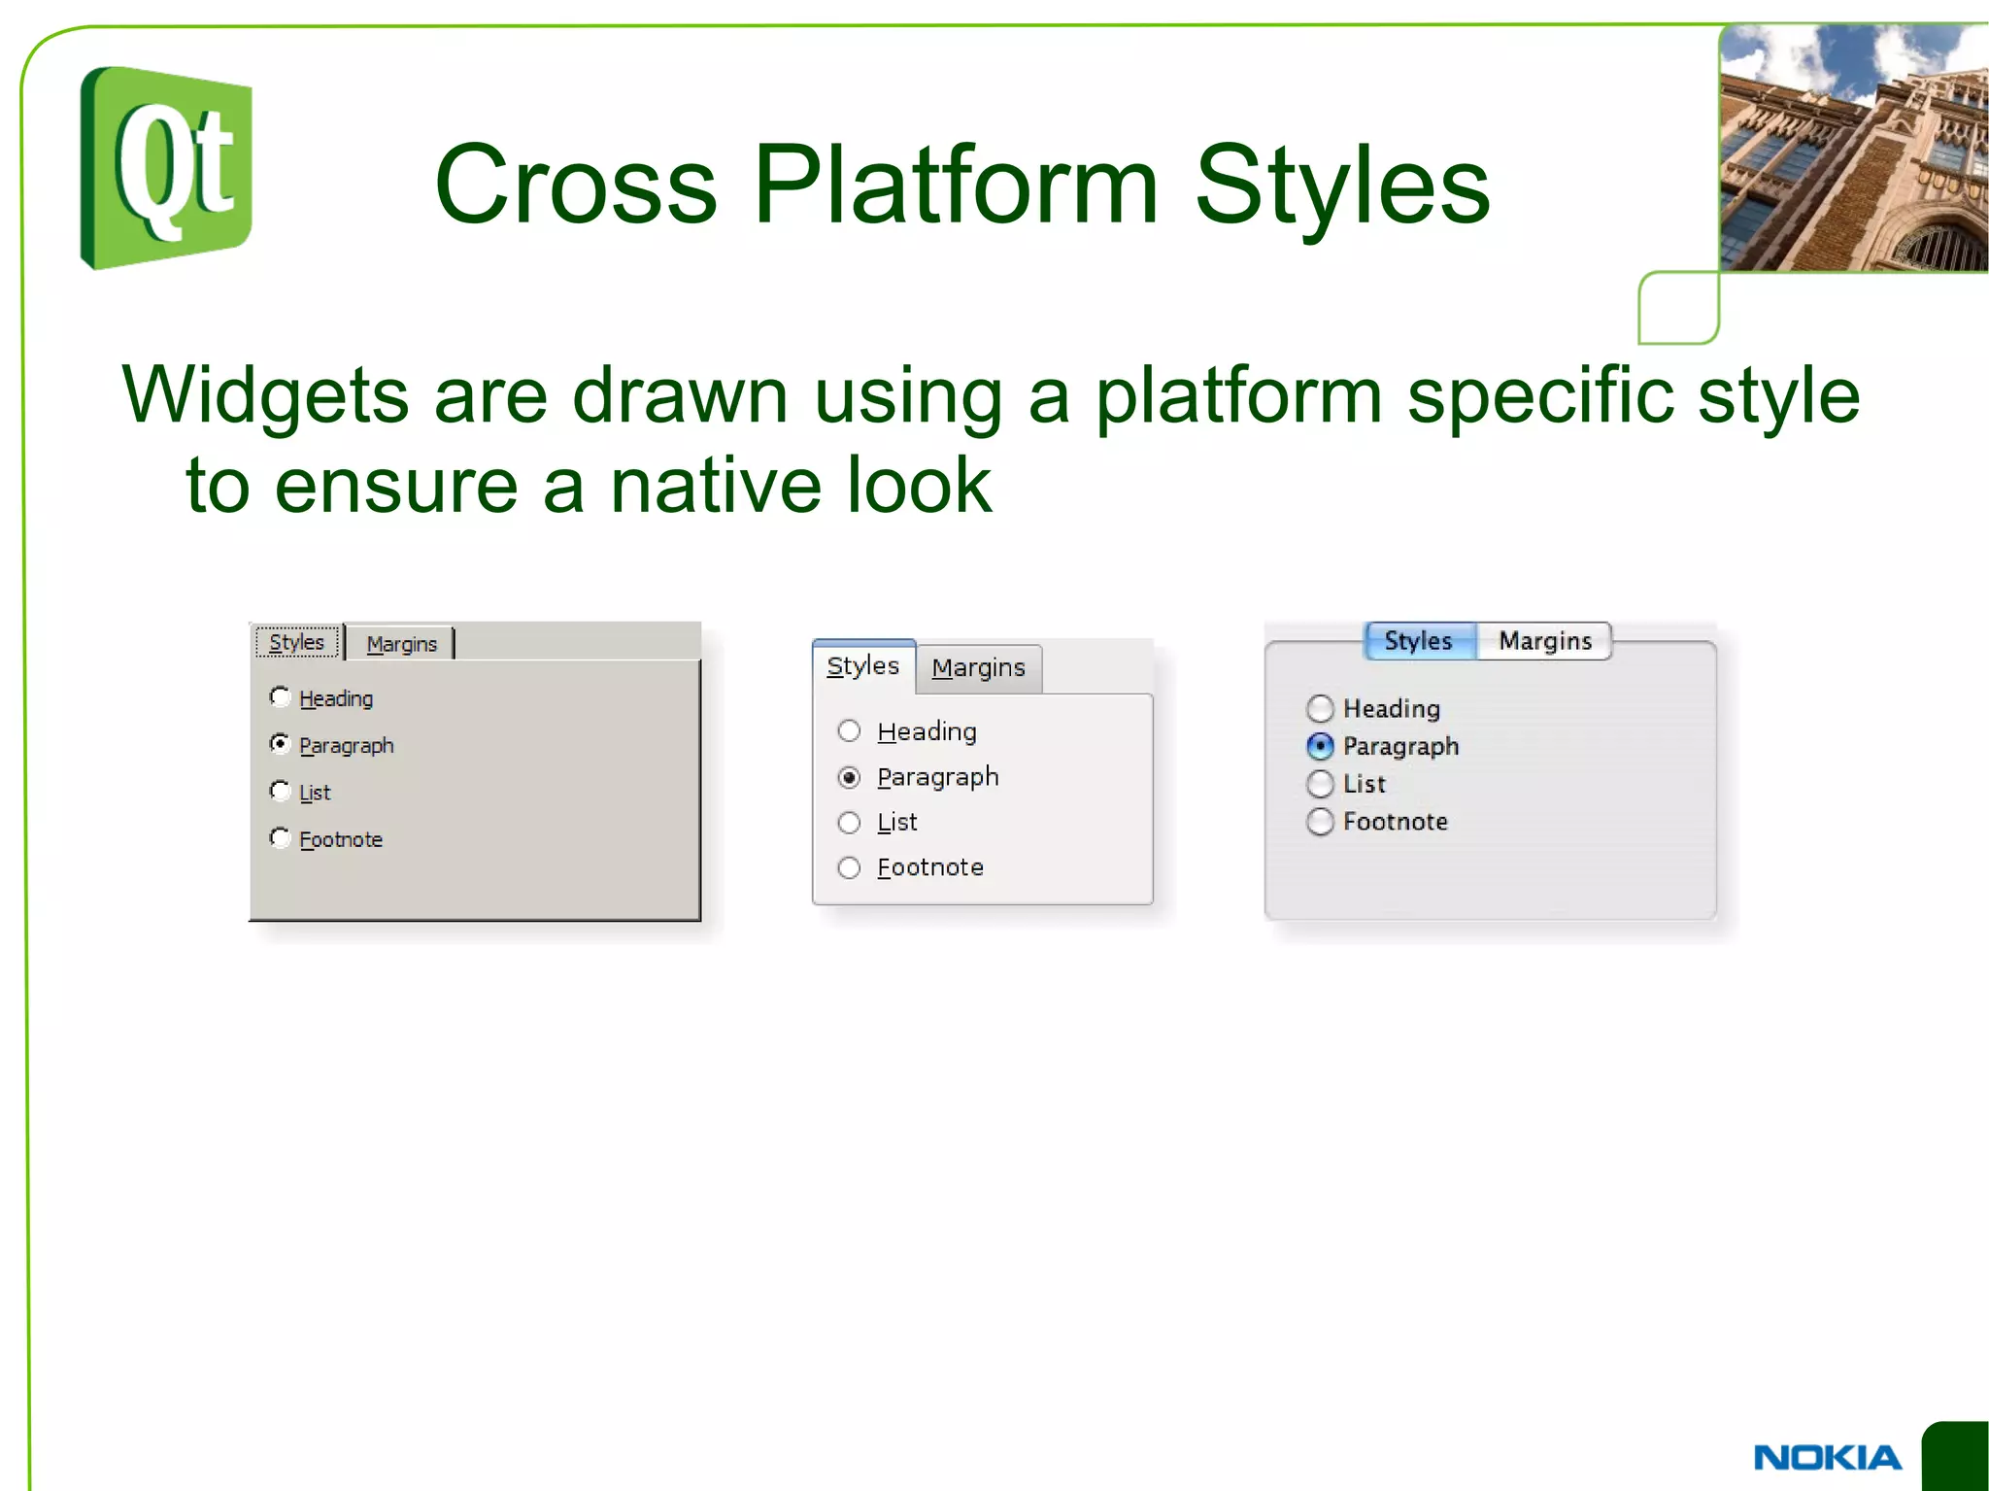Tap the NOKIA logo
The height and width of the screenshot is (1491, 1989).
1827,1457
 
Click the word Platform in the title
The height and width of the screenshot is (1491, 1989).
956,185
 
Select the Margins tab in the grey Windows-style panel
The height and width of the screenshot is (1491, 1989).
401,644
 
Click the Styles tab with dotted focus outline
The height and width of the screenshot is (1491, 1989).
297,642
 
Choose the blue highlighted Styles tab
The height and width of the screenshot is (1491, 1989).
1419,641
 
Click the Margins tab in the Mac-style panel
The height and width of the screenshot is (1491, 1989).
1544,641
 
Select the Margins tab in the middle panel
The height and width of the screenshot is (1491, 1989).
978,668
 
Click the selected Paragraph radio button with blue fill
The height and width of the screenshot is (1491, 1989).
1320,746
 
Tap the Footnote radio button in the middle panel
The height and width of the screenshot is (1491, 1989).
849,867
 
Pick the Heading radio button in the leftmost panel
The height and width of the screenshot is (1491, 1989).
280,696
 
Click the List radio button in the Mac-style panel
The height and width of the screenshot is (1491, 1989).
1320,784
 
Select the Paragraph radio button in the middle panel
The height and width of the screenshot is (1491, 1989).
849,777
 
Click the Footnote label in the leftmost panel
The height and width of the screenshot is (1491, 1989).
341,839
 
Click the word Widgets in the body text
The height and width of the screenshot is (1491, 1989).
265,395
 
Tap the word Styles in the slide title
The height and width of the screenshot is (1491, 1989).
1341,185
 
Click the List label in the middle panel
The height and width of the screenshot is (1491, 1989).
897,823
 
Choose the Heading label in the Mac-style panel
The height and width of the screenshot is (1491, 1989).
1391,709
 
